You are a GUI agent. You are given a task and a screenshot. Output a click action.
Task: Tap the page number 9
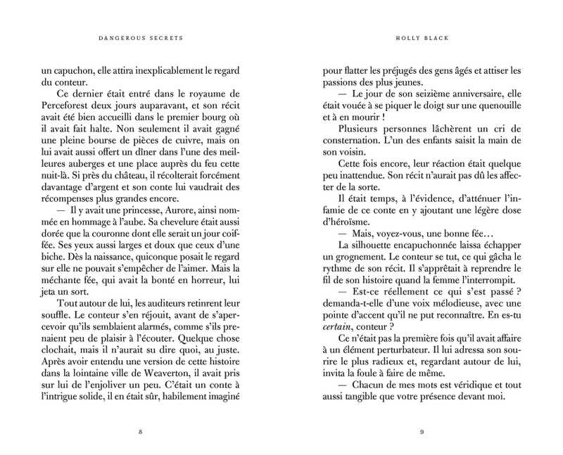point(420,430)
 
